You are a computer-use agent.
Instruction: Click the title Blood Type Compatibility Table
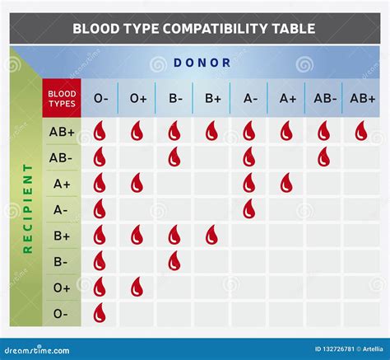point(193,29)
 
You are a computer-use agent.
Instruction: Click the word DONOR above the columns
point(202,63)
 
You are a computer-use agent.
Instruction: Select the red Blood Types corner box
point(61,99)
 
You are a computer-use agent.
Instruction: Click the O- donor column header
point(100,99)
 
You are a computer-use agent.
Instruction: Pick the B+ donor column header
point(212,99)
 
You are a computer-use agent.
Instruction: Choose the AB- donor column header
point(324,99)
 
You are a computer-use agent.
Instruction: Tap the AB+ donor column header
point(362,99)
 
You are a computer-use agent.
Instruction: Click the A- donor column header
point(250,99)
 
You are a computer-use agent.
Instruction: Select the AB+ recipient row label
point(61,132)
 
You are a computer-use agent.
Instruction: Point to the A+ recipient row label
point(61,184)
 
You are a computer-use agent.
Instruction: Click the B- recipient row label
point(61,261)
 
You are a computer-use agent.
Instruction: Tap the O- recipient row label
point(61,313)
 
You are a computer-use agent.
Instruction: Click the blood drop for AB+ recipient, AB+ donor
point(361,131)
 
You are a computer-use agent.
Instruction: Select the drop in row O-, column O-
point(100,313)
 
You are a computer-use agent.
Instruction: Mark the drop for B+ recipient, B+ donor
point(211,236)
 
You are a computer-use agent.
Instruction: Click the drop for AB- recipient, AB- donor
point(323,157)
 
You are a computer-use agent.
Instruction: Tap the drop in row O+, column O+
point(137,287)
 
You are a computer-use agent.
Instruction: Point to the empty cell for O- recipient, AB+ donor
point(361,313)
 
